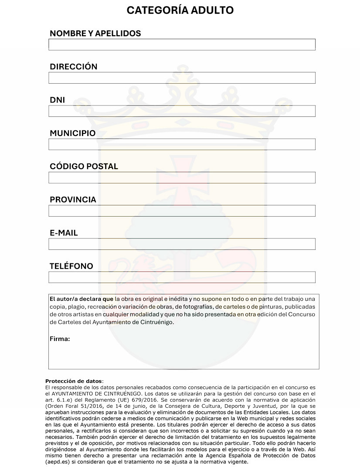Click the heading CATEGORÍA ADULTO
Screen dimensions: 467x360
coord(180,10)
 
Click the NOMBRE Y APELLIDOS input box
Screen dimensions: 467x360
coord(182,44)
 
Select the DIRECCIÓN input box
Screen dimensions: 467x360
coord(182,78)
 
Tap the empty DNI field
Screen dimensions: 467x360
coord(182,111)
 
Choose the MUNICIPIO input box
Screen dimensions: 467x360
coord(182,144)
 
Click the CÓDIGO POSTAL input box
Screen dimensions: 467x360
coord(182,177)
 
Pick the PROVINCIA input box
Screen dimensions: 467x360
coord(182,211)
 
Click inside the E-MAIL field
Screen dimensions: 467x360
coord(182,244)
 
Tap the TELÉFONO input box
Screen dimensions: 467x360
coord(182,277)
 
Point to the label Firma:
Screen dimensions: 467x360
coord(60,339)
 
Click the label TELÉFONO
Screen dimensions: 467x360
coord(71,266)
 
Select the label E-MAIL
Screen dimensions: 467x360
coord(64,233)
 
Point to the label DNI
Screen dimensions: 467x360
coord(57,100)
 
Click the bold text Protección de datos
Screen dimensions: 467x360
coord(73,381)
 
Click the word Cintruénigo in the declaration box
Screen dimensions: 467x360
coord(156,322)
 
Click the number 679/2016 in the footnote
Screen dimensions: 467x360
coord(142,399)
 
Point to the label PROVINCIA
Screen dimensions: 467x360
coord(73,200)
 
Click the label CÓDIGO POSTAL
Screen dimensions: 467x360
coord(84,166)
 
